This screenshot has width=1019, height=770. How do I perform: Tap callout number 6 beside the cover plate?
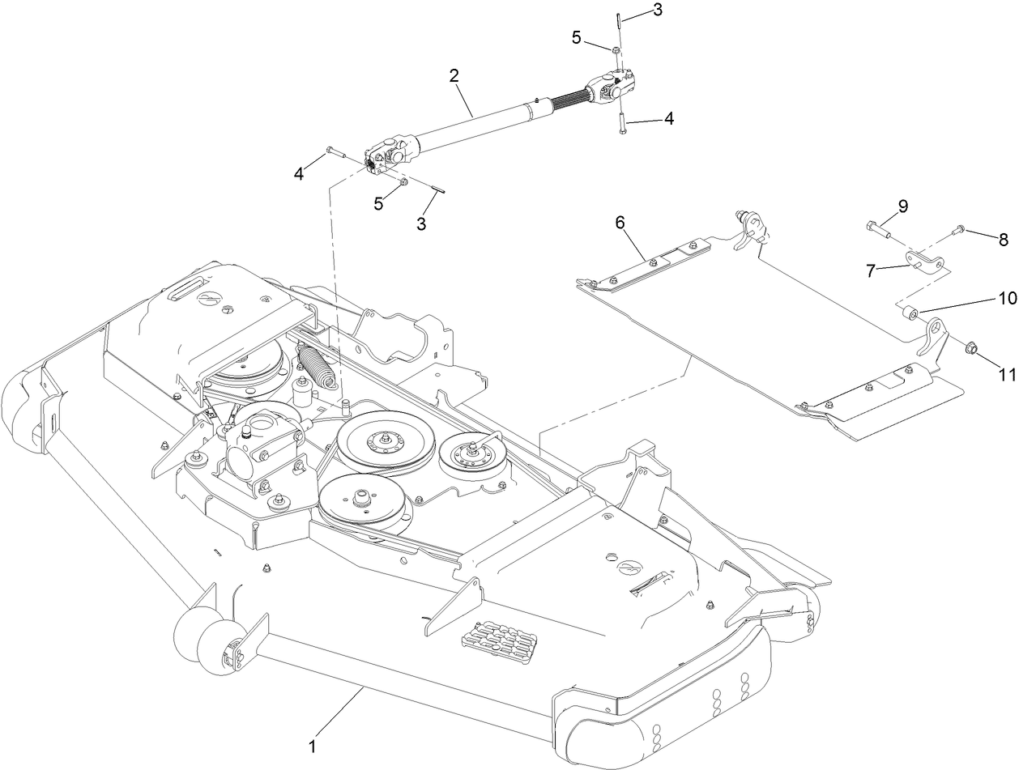(x=620, y=223)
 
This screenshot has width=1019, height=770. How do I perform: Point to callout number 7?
(x=871, y=271)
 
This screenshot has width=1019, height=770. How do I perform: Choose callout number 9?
(x=902, y=206)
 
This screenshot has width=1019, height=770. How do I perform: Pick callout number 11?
(x=1007, y=374)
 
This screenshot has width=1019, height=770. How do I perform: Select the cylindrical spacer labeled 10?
(x=910, y=312)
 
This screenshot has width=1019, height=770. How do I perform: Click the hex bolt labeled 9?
(x=876, y=229)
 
